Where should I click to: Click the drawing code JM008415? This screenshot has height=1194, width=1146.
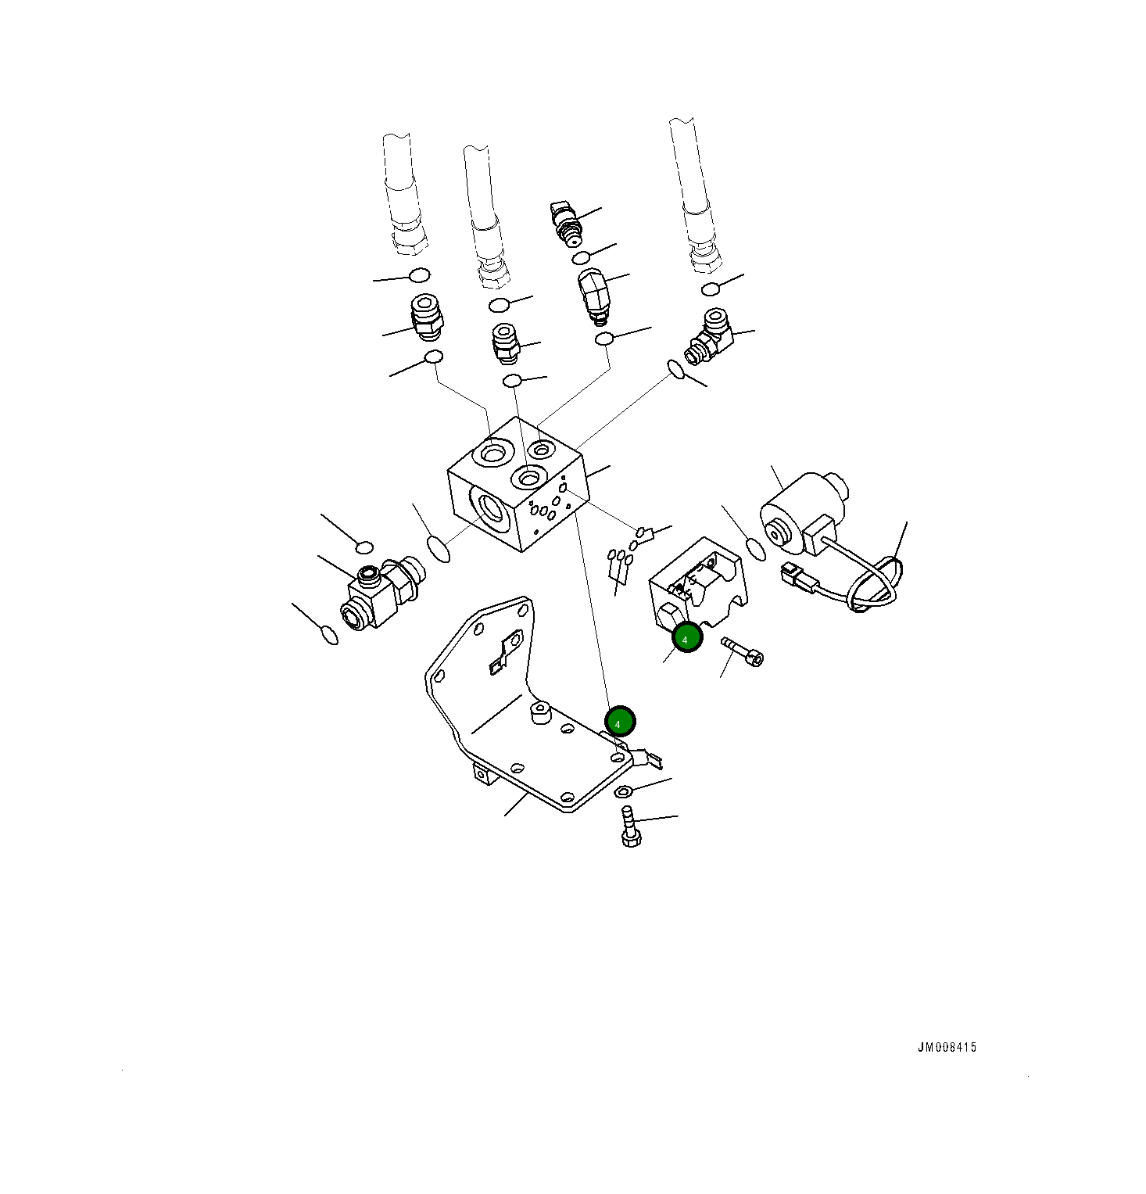click(947, 1047)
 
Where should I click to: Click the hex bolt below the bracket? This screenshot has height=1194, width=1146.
click(630, 829)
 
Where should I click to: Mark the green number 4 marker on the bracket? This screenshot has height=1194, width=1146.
click(620, 722)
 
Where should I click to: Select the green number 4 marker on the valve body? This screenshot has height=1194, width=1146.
click(687, 638)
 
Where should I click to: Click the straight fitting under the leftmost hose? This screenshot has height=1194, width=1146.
click(426, 317)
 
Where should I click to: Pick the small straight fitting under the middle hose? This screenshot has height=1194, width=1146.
click(505, 342)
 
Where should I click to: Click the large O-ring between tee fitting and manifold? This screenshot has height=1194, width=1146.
click(439, 548)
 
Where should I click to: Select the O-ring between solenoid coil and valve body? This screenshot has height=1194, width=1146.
click(755, 549)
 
